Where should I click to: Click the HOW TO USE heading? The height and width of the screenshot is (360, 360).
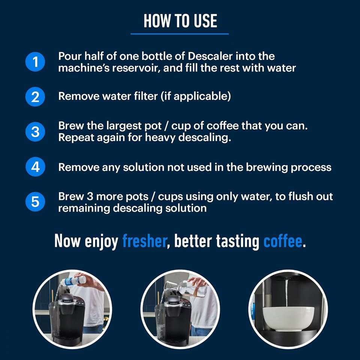point(180,21)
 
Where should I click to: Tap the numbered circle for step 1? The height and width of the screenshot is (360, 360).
point(35,62)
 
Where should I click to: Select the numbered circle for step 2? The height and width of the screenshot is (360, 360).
point(35,97)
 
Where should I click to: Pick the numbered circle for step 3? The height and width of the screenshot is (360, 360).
point(35,132)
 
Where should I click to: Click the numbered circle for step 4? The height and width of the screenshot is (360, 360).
point(35,166)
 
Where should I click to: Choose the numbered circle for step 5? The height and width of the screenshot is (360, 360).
point(35,202)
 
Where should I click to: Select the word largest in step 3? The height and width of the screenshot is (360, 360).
point(124,126)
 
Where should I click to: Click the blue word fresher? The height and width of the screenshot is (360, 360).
point(144,241)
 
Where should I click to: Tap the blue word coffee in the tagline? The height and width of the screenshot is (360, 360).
point(283,241)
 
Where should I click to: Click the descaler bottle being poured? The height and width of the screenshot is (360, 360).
point(73,281)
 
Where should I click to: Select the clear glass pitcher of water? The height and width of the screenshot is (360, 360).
point(186,288)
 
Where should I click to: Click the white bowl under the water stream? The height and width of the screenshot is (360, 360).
point(288,318)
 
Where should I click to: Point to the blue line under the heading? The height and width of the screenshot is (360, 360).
point(180,34)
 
